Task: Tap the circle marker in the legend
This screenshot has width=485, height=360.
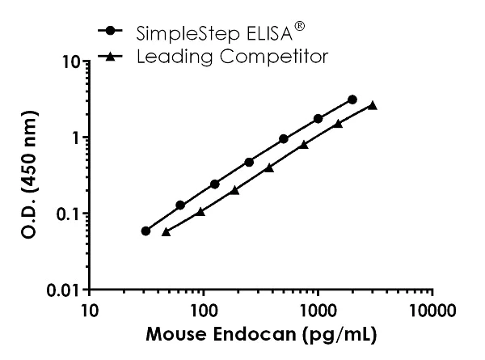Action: pyautogui.click(x=112, y=32)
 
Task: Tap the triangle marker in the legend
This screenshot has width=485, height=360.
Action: pyautogui.click(x=112, y=56)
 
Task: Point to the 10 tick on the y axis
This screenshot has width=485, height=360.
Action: pyautogui.click(x=74, y=61)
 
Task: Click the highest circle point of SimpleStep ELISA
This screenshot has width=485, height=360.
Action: pyautogui.click(x=352, y=100)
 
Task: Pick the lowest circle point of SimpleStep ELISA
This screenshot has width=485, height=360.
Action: pyautogui.click(x=145, y=231)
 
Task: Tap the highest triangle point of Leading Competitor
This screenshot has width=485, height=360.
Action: pyautogui.click(x=373, y=105)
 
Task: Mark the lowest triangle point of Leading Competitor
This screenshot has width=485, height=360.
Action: pyautogui.click(x=166, y=231)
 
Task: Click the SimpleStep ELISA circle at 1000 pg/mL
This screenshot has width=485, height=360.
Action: pyautogui.click(x=318, y=119)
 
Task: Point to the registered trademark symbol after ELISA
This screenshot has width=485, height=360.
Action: pyautogui.click(x=300, y=26)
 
